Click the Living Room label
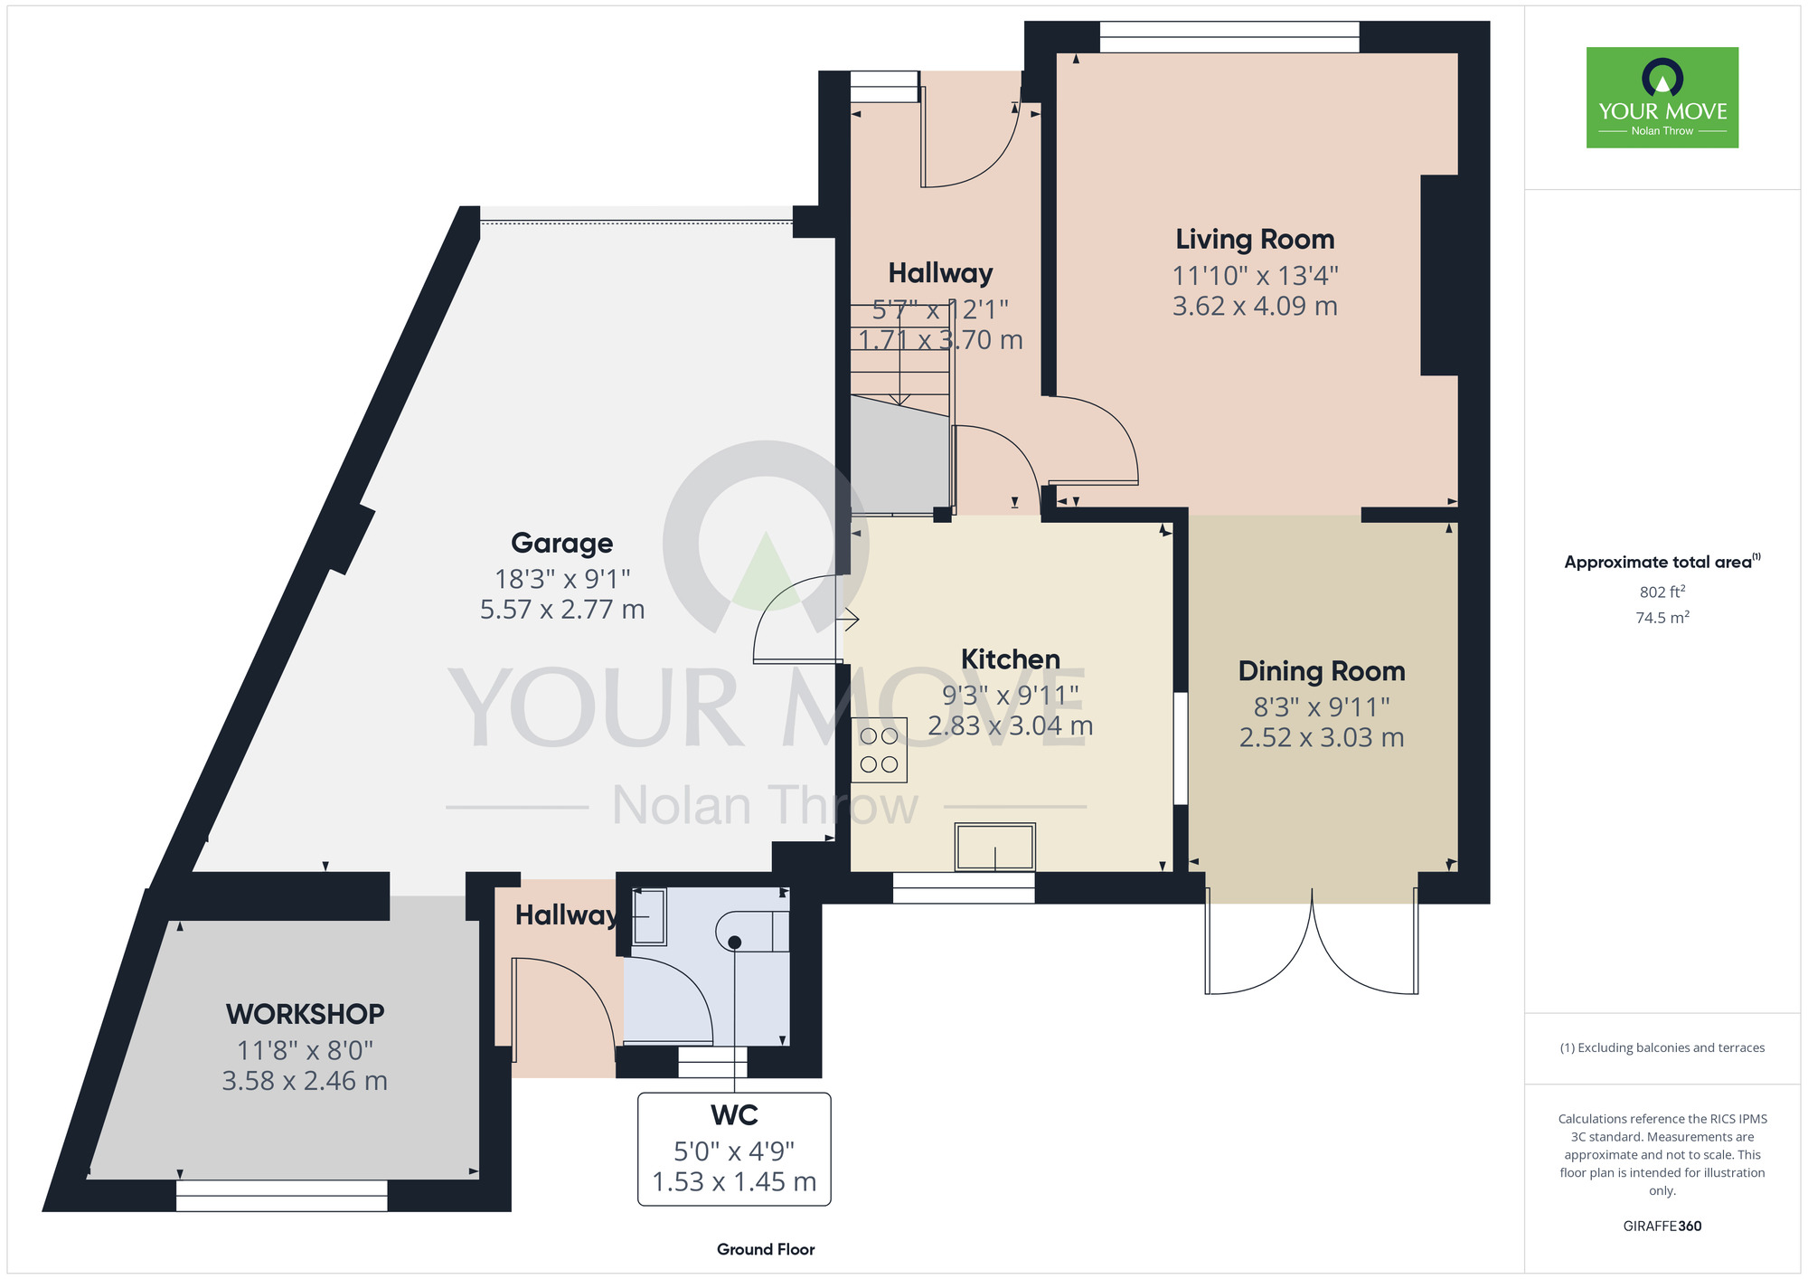(x=1255, y=240)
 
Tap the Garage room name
(x=562, y=543)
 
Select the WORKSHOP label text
(x=306, y=1014)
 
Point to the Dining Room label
(x=1322, y=671)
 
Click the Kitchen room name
(x=1011, y=659)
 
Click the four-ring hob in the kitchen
(x=879, y=750)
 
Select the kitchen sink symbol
(x=995, y=847)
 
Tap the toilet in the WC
(x=752, y=931)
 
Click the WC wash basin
(x=648, y=916)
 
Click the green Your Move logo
(x=1662, y=98)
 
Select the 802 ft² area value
(x=1662, y=592)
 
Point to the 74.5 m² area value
(x=1662, y=617)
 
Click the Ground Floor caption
(x=766, y=1249)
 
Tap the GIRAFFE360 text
(x=1662, y=1227)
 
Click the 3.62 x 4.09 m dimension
(x=1255, y=306)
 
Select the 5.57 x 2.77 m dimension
(x=562, y=610)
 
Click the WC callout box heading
(x=734, y=1115)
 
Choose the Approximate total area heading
(x=1662, y=562)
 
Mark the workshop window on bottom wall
(x=282, y=1196)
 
